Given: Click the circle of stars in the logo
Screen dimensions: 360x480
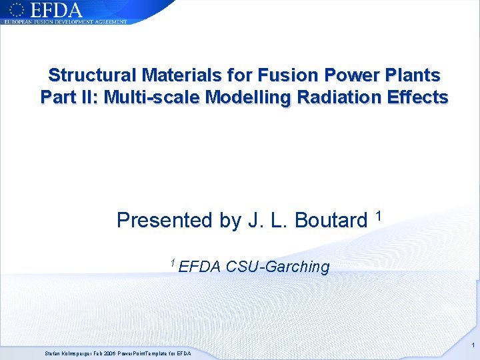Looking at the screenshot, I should pyautogui.click(x=16, y=9).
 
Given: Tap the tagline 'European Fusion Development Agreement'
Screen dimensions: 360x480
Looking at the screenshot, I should pyautogui.click(x=65, y=22).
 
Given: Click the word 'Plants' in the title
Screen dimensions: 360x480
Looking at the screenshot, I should pyautogui.click(x=411, y=74).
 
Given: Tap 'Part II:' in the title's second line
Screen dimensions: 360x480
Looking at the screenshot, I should pyautogui.click(x=67, y=97).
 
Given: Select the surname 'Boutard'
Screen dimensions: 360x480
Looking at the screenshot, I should pyautogui.click(x=331, y=220).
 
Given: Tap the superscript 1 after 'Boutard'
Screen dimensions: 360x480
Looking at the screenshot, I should pyautogui.click(x=378, y=215).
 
